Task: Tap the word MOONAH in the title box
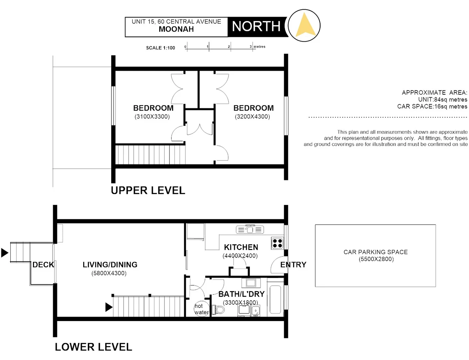pos(176,29)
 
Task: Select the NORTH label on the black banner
pos(256,26)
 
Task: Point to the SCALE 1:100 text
pos(161,48)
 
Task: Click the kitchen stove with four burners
pos(277,243)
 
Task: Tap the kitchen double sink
pos(250,229)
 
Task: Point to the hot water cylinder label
pos(201,309)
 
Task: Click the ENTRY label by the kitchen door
pos(293,265)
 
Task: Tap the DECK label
pos(43,265)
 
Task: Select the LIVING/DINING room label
pos(110,265)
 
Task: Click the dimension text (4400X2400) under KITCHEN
pos(240,256)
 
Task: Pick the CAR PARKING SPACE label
pos(375,252)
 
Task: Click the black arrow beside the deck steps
pos(5,253)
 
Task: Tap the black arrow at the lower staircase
pos(109,307)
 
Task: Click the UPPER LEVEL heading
pos(148,191)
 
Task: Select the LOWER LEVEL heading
pos(93,347)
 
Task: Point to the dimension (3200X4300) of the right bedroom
pos(252,117)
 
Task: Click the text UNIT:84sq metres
pos(442,100)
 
